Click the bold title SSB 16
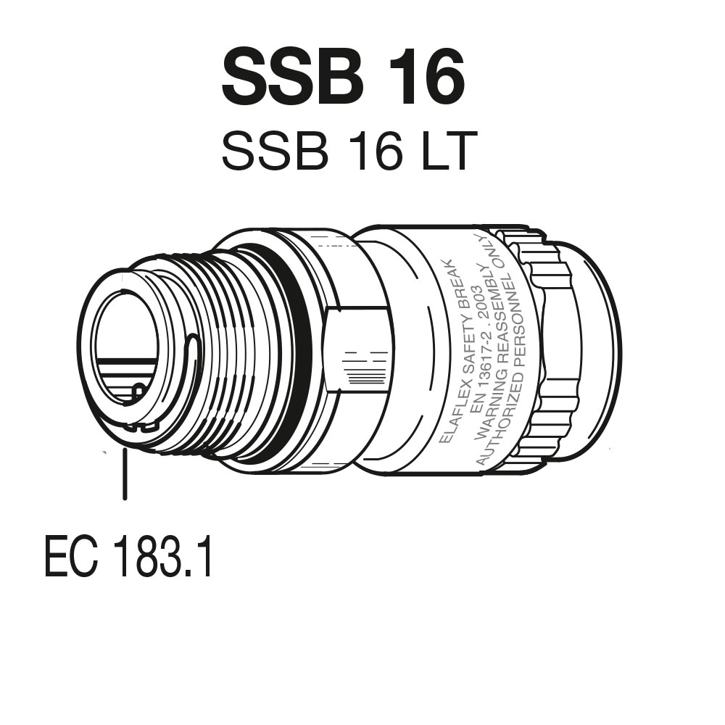(x=343, y=78)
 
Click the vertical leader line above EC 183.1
(x=125, y=474)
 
